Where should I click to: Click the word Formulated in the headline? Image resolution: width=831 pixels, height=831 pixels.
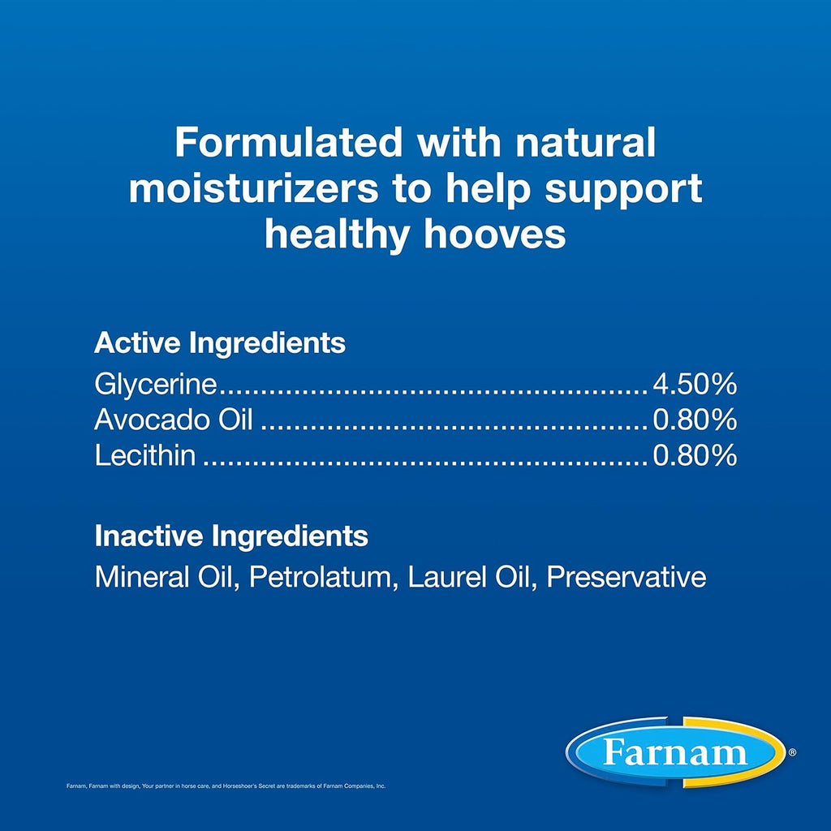click(288, 142)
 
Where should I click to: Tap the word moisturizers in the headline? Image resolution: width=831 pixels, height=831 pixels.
click(254, 188)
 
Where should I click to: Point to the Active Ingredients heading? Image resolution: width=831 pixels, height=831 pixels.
click(220, 343)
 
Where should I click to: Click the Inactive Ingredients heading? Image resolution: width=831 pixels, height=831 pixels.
click(231, 536)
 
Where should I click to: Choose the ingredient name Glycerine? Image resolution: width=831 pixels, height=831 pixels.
click(156, 384)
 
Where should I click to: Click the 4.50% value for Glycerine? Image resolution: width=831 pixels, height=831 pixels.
click(695, 384)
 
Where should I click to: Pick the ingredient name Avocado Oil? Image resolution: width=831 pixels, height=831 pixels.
click(174, 420)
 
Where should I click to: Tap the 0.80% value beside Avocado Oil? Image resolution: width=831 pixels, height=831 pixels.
click(695, 420)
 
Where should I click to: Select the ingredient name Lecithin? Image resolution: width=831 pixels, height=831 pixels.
click(144, 455)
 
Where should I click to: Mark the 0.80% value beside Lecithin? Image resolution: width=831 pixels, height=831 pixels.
click(695, 455)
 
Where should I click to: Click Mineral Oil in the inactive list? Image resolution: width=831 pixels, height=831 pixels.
click(163, 577)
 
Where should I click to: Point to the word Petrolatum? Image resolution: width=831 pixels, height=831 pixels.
click(320, 577)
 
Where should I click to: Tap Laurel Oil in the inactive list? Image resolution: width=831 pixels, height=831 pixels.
click(468, 577)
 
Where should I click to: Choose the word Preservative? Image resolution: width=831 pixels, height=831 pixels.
click(626, 577)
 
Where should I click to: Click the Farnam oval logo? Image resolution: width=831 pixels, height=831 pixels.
click(676, 752)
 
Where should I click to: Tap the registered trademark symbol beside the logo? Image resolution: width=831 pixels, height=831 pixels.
click(792, 751)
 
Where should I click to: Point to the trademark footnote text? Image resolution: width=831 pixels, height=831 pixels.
click(226, 786)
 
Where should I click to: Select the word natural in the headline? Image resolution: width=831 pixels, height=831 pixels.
click(586, 142)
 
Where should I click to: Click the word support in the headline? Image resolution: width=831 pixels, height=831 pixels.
click(623, 190)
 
